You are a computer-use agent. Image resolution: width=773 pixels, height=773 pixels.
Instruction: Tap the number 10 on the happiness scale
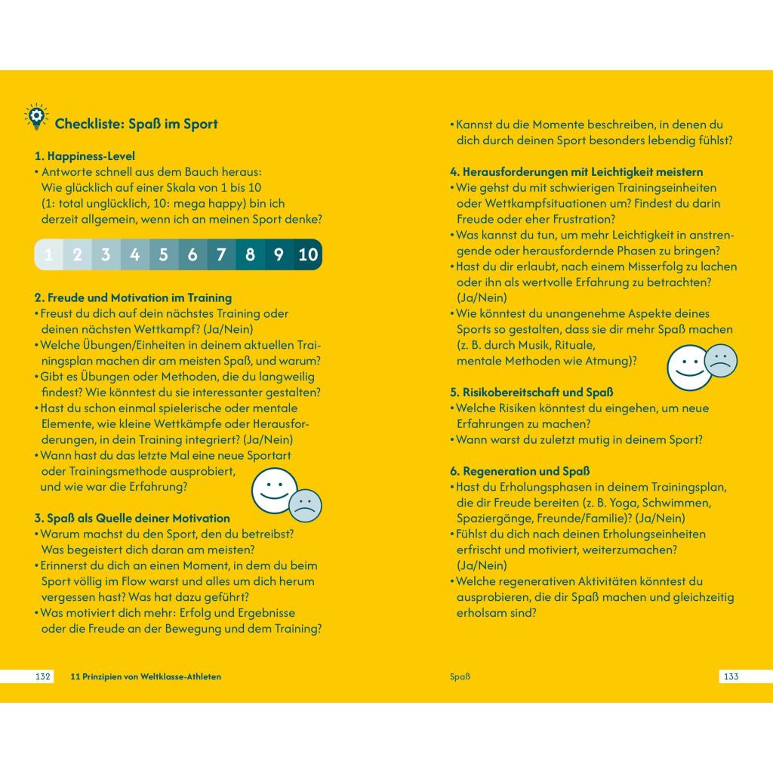(x=308, y=254)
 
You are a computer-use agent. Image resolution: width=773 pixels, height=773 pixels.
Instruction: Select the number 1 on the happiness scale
(x=48, y=254)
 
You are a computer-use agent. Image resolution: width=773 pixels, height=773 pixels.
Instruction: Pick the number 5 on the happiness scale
(x=163, y=254)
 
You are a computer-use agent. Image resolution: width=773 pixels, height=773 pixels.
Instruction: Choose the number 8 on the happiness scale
(x=250, y=254)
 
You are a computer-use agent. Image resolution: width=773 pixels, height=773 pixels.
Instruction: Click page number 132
(x=43, y=676)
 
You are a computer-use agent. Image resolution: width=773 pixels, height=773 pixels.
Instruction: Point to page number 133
(x=730, y=676)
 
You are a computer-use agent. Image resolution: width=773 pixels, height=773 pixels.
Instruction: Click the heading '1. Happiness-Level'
(x=85, y=156)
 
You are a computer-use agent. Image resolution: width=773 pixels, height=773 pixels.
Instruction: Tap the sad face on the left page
(x=305, y=506)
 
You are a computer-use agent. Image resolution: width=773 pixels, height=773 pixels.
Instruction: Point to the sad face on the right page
(x=720, y=360)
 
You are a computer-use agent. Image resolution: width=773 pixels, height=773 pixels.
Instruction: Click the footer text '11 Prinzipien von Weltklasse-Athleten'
(x=146, y=676)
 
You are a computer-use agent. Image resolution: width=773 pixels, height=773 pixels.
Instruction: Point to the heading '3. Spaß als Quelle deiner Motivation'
(x=132, y=518)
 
